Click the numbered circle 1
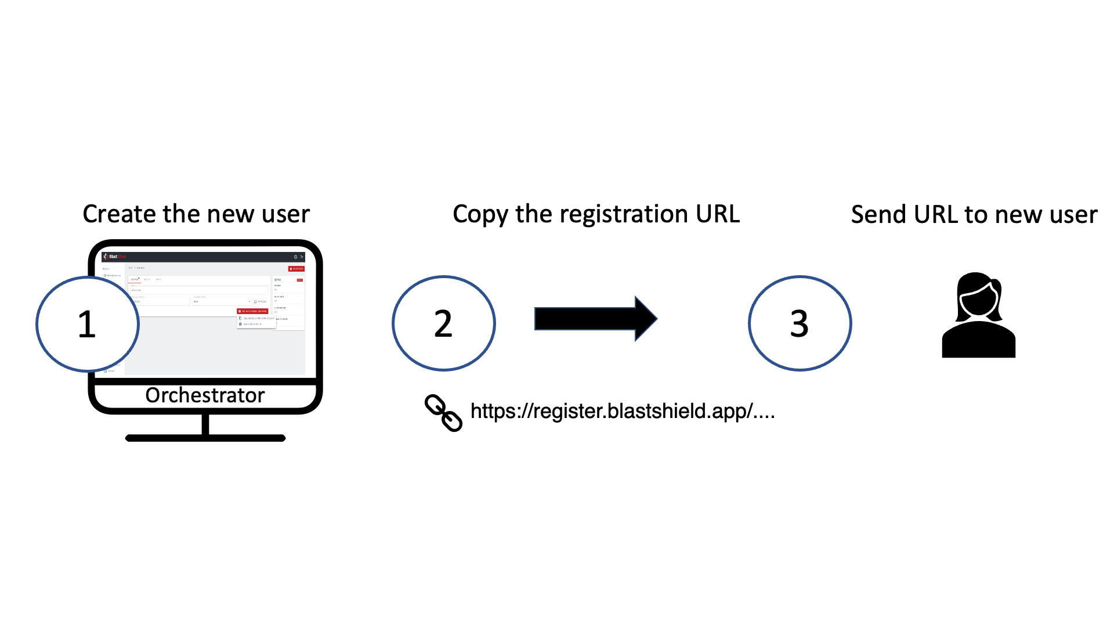pyautogui.click(x=88, y=323)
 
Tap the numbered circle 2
pyautogui.click(x=444, y=323)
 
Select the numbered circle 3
pyautogui.click(x=800, y=323)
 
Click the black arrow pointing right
pyautogui.click(x=595, y=319)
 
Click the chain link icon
pyautogui.click(x=444, y=413)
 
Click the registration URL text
pyautogui.click(x=622, y=411)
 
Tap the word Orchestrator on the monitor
pyautogui.click(x=205, y=395)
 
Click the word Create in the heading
pyautogui.click(x=120, y=214)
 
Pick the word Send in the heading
pyautogui.click(x=878, y=215)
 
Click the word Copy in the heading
pyautogui.click(x=480, y=214)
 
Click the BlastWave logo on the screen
pyautogui.click(x=115, y=256)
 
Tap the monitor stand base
pyautogui.click(x=205, y=438)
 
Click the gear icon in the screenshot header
pyautogui.click(x=295, y=257)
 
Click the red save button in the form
pyautogui.click(x=252, y=311)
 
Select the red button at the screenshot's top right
pyautogui.click(x=296, y=269)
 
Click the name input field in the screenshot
pyautogui.click(x=197, y=290)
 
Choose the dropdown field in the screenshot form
pyautogui.click(x=222, y=301)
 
